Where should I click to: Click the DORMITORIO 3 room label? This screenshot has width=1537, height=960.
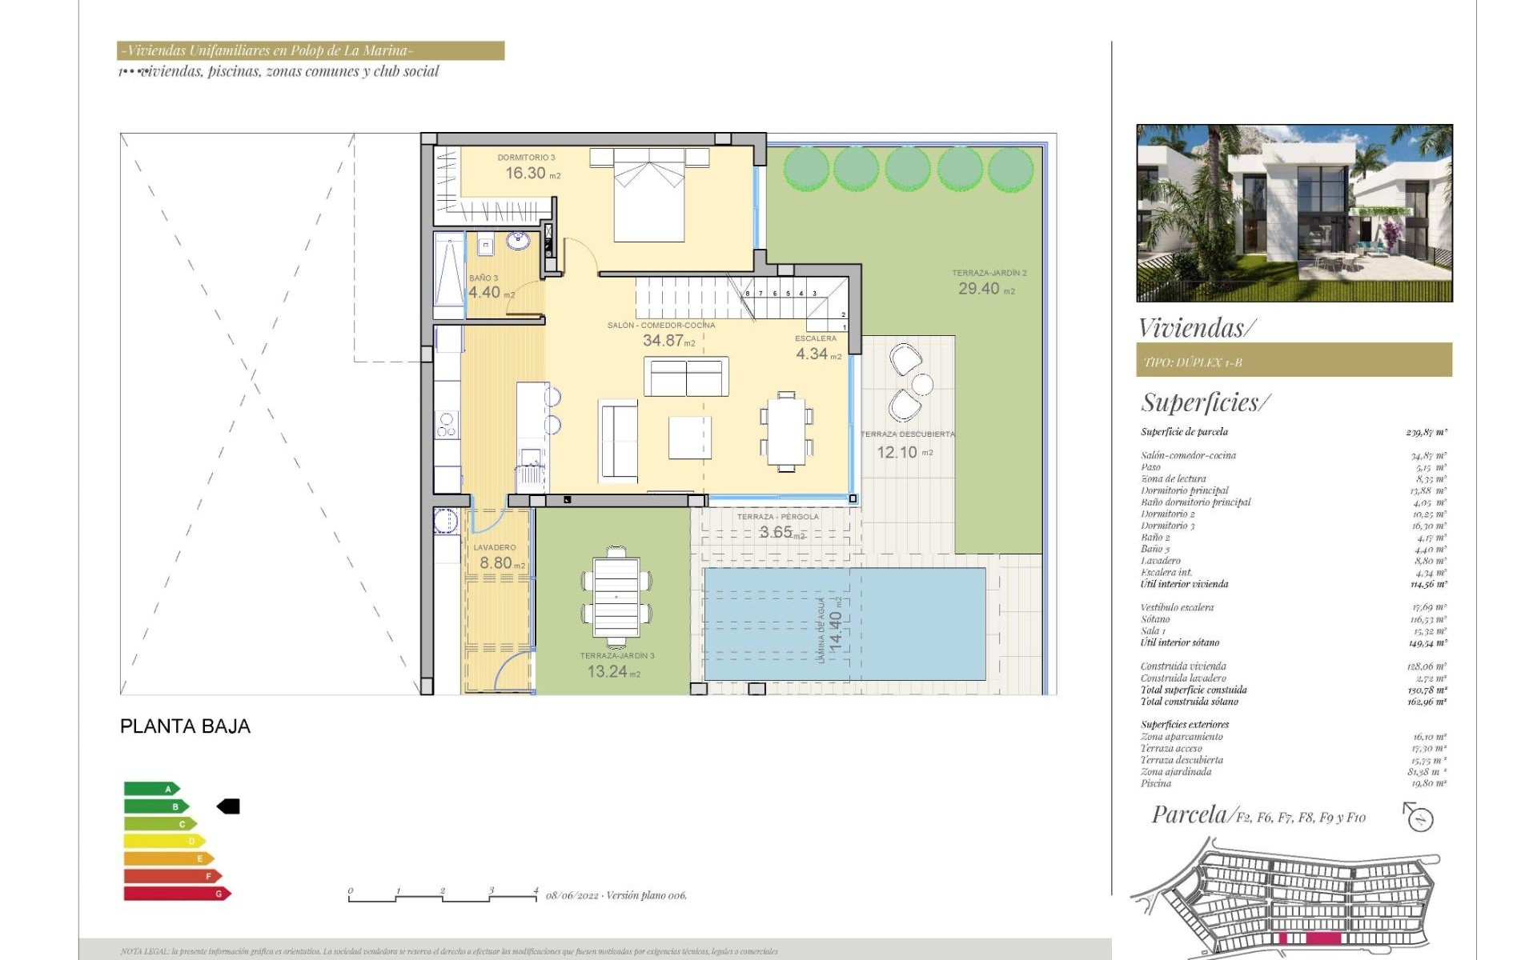pos(526,158)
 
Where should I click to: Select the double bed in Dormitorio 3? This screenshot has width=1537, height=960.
pos(649,196)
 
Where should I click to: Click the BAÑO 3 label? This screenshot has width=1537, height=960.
pos(484,278)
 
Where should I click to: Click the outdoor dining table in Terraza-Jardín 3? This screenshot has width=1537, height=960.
pos(616,598)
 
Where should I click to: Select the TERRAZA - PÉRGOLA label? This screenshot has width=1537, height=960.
pos(777,517)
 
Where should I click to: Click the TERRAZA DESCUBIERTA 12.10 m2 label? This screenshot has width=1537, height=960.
pos(907,445)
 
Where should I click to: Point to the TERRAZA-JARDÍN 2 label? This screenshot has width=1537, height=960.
pos(989,273)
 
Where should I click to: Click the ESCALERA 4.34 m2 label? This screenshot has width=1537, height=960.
pos(816,347)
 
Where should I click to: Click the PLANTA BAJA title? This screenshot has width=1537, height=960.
pos(185,726)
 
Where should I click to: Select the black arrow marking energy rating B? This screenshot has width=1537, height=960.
pos(229,806)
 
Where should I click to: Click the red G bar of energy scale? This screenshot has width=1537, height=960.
pos(176,894)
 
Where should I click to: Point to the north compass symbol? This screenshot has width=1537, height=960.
pos(1420,818)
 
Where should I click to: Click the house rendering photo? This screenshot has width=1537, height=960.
pos(1294,213)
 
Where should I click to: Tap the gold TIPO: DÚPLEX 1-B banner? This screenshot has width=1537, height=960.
pos(1294,361)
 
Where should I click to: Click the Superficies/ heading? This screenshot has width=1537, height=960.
pos(1205,402)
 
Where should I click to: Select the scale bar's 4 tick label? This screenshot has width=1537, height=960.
pos(536,890)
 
